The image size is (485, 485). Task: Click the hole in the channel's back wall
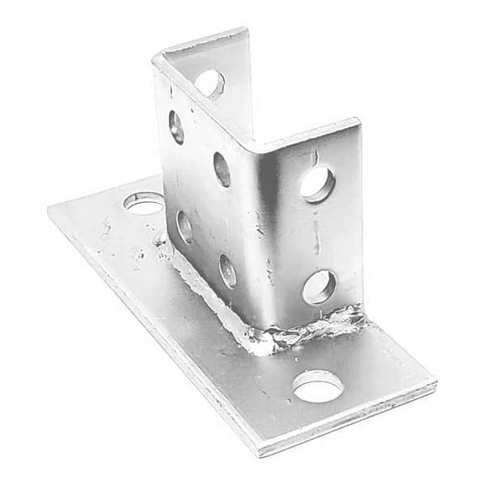pos(209,83)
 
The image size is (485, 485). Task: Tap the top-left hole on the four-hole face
pos(177,126)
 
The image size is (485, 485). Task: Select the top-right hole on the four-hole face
pos(222,168)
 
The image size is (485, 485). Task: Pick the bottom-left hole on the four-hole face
pos(185,226)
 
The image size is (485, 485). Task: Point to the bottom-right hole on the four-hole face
pos(228,270)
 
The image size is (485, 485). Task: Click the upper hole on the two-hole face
pos(317,184)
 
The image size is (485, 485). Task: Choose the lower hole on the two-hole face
pos(317,286)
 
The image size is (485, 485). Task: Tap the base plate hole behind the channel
pos(144,202)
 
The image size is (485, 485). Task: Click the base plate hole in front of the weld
pos(317,386)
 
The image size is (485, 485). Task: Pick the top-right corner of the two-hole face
pos(360,123)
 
